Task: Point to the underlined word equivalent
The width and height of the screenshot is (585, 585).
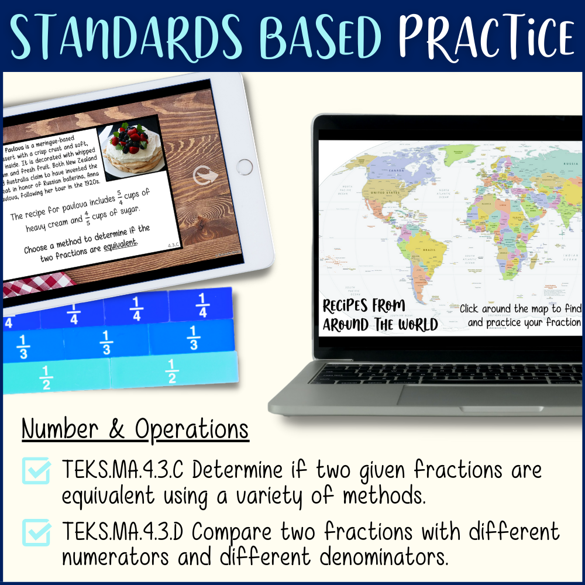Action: click(x=120, y=242)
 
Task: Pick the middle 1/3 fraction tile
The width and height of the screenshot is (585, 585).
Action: click(x=106, y=342)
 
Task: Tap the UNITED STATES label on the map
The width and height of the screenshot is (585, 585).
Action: click(x=383, y=191)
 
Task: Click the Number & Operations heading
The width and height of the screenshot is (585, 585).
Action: click(x=135, y=430)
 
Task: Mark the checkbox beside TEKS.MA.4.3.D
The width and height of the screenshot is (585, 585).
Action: click(x=37, y=533)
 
